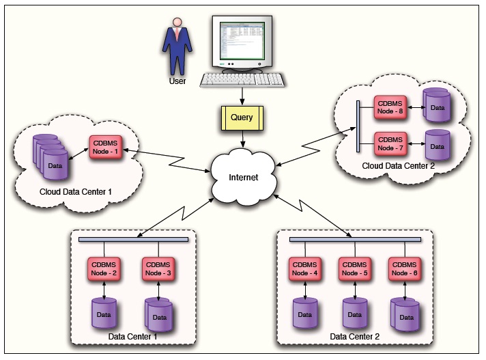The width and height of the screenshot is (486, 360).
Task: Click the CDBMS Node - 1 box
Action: click(105, 146)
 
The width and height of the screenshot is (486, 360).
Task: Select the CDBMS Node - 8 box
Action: click(390, 105)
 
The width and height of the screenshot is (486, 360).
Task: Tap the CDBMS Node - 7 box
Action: click(390, 143)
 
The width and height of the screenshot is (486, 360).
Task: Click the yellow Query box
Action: click(242, 117)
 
